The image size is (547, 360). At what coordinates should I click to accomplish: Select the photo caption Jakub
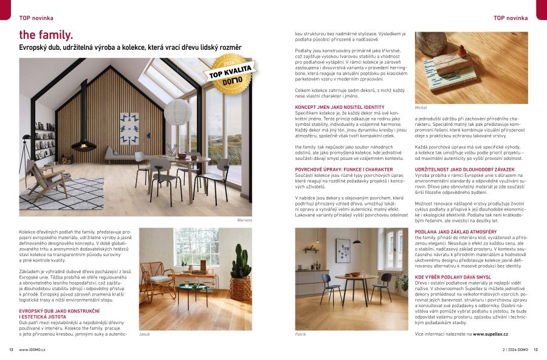click(x=144, y=334)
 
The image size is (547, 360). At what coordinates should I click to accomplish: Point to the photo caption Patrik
click(x=300, y=334)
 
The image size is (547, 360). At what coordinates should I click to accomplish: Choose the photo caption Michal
click(x=421, y=107)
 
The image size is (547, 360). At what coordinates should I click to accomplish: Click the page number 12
click(x=11, y=350)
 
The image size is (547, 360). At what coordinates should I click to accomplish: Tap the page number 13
click(x=535, y=350)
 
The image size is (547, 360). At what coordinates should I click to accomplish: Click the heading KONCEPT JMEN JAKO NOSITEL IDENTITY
click(x=339, y=107)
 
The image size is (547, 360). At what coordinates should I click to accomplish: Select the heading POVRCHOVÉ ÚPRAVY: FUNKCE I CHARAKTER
click(x=343, y=169)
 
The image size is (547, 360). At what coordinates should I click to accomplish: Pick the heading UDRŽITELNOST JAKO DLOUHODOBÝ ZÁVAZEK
click(x=464, y=169)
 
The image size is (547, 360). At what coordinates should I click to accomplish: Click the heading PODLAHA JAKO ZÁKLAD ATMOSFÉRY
click(x=455, y=232)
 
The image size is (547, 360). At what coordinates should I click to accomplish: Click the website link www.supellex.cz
click(x=490, y=334)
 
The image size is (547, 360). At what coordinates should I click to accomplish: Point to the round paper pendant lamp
click(x=178, y=112)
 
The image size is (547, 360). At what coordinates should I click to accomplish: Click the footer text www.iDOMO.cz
click(x=32, y=350)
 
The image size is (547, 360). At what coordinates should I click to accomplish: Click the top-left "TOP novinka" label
click(x=36, y=18)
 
